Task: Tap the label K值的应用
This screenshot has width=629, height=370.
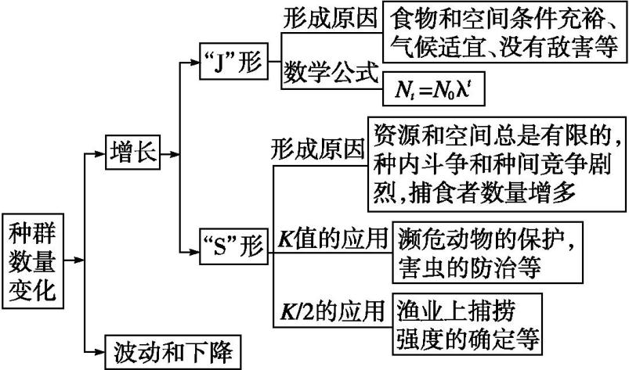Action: pyautogui.click(x=332, y=236)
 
